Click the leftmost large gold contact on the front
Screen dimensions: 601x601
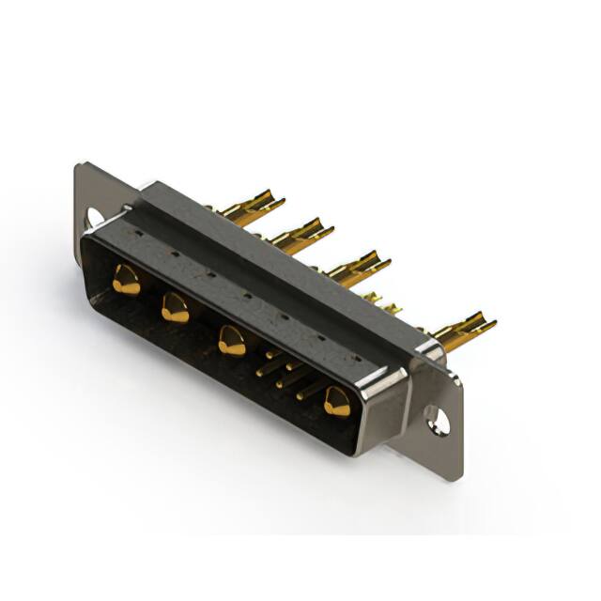(126, 280)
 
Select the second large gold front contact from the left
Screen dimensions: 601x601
(175, 307)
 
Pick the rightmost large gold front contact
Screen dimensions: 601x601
(336, 402)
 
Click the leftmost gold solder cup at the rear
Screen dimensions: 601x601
(256, 205)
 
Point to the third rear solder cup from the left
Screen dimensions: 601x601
(358, 266)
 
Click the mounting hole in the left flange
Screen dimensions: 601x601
(93, 219)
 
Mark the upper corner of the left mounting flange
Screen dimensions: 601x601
(81, 167)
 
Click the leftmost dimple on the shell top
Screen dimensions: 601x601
(138, 231)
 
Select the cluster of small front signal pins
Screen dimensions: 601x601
(282, 370)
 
